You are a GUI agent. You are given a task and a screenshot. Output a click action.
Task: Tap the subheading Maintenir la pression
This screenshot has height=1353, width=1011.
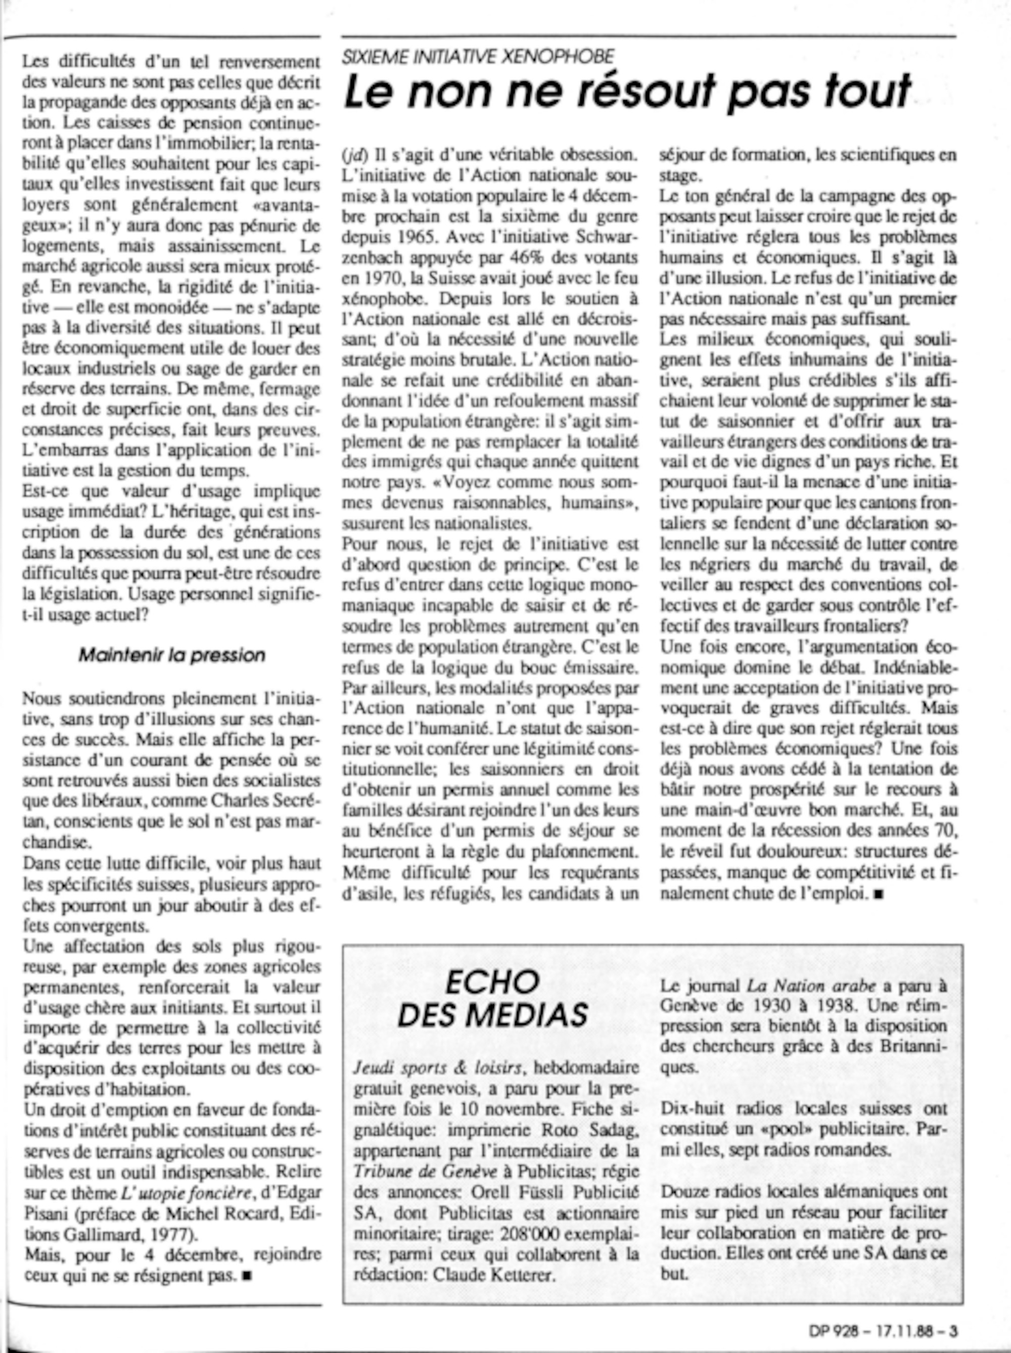tap(172, 655)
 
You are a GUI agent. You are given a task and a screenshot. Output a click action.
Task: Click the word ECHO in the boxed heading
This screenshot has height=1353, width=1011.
tap(492, 983)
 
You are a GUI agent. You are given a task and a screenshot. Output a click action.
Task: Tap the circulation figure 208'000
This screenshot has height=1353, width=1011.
tap(527, 1234)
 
